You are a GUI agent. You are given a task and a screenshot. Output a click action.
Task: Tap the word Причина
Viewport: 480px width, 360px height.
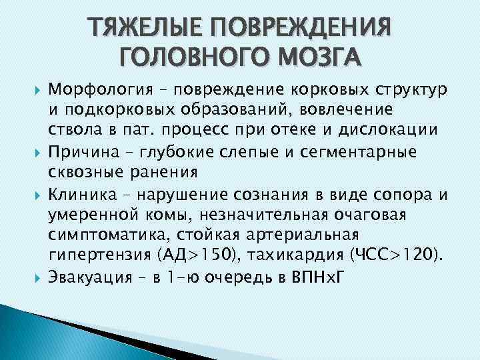(x=80, y=153)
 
